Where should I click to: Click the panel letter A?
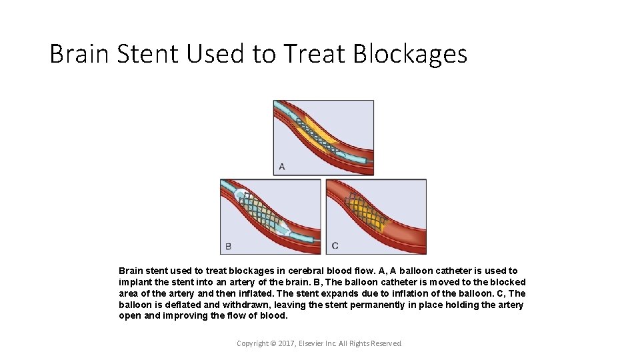(282, 166)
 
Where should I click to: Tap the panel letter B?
(229, 246)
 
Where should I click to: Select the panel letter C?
(335, 246)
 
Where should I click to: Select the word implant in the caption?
(135, 282)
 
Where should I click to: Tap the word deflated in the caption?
(183, 305)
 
